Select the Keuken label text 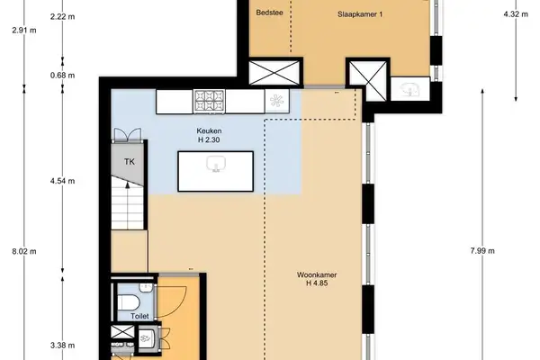pyautogui.click(x=210, y=130)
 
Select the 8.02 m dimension pyautogui.click(x=19, y=252)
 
